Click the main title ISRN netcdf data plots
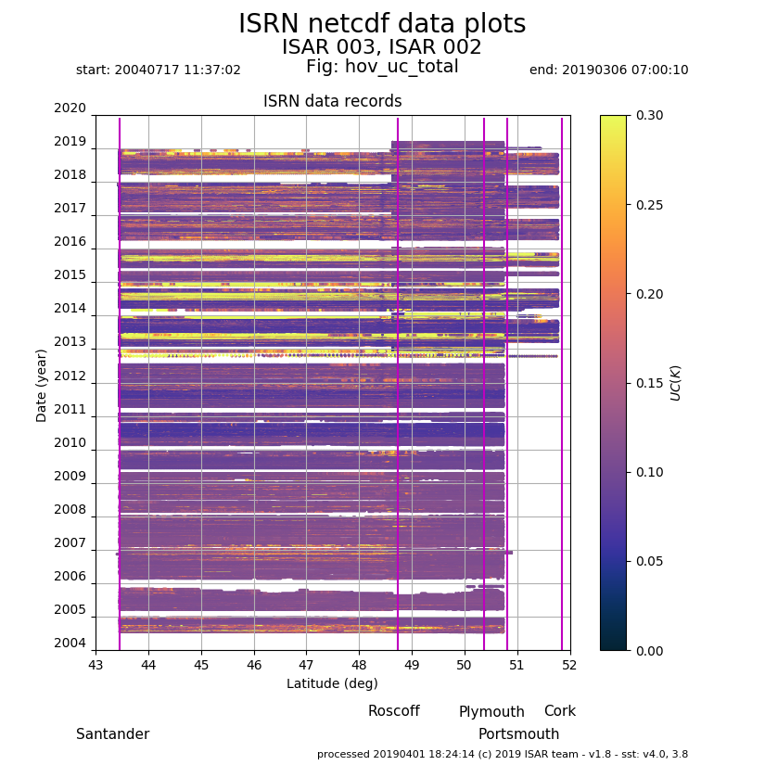[382, 24]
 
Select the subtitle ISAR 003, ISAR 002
[382, 47]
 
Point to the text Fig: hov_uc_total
[382, 67]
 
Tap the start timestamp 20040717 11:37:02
[159, 70]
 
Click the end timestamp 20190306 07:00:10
[608, 70]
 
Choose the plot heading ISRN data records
[332, 102]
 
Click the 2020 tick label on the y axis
[70, 108]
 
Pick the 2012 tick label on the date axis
[70, 376]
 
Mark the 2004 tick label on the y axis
[70, 644]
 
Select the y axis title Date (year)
[42, 385]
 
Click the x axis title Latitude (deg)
[332, 684]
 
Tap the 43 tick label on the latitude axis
[96, 665]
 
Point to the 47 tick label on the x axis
[307, 665]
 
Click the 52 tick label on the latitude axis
[570, 665]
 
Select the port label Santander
[112, 734]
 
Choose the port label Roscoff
[393, 711]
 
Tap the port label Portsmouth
[518, 734]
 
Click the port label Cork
[559, 711]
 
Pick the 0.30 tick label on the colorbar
[649, 116]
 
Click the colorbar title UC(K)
[676, 382]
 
